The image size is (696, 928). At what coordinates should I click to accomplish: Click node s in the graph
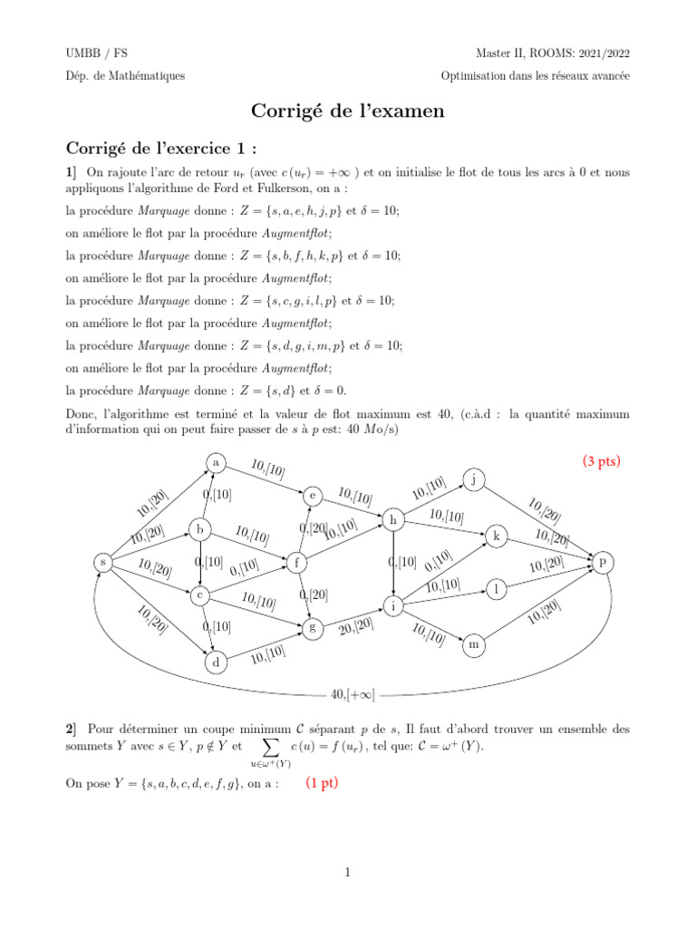coord(103,563)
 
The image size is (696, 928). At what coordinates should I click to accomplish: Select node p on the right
coord(603,563)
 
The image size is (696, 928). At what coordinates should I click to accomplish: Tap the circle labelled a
coord(216,462)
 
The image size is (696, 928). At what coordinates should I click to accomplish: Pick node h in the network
coord(392,520)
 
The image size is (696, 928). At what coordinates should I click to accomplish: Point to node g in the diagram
coord(313,626)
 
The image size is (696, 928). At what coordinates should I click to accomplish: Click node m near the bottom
coord(473,645)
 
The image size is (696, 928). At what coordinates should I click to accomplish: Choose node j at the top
coord(473,478)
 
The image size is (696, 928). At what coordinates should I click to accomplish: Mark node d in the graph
coord(216,663)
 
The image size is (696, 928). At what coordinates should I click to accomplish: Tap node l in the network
coord(496,589)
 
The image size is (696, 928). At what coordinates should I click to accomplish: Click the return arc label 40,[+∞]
coord(353,695)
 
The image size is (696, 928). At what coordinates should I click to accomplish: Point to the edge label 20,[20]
coord(356,626)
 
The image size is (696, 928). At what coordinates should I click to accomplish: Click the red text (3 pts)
coord(602,460)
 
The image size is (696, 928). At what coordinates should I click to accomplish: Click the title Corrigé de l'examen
coord(348,111)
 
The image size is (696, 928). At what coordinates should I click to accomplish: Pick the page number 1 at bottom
coord(347,873)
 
